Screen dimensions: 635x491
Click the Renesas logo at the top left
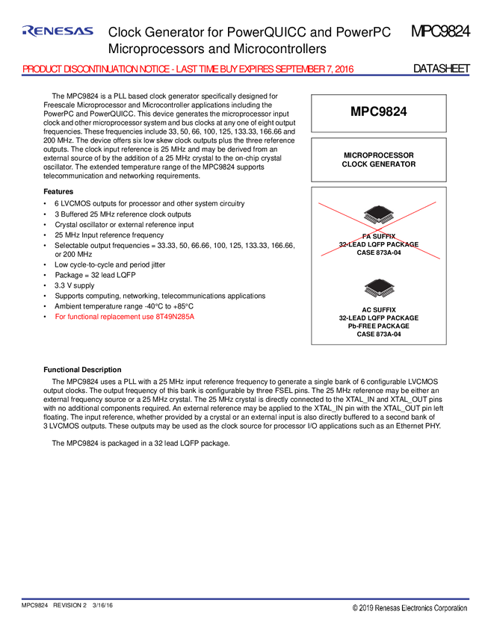coord(58,31)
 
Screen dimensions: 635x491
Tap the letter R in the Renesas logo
coord(28,31)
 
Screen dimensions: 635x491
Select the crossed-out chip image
coord(379,214)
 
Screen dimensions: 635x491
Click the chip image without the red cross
coord(379,288)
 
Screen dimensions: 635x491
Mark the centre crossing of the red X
coord(379,229)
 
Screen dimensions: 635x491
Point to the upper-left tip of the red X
coord(318,202)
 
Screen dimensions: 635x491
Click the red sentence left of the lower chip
coord(125,316)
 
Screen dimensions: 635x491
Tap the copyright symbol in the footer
coord(356,609)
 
